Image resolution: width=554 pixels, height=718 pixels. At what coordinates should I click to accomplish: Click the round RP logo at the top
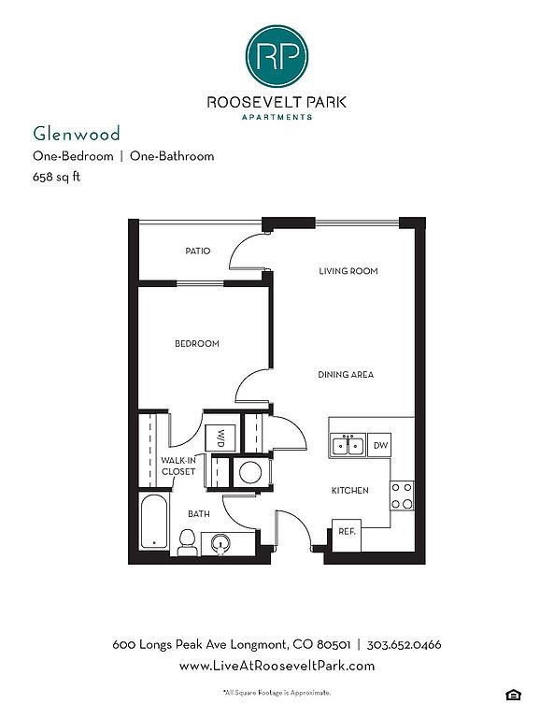click(x=277, y=56)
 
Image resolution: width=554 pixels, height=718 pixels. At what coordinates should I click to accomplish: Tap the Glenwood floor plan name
click(x=77, y=134)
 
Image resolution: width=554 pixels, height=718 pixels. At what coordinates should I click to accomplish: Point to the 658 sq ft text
click(x=56, y=177)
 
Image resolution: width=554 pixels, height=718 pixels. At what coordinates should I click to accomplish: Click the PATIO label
click(x=198, y=251)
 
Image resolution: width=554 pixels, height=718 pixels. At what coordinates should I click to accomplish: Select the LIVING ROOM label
click(x=348, y=271)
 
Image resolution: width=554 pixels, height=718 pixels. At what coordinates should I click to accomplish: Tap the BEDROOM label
click(x=197, y=343)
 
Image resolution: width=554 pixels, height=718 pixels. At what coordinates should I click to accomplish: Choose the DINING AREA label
click(x=346, y=375)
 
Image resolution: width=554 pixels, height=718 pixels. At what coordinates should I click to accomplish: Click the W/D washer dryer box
click(x=220, y=438)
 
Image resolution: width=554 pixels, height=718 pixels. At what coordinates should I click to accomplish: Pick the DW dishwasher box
click(x=379, y=445)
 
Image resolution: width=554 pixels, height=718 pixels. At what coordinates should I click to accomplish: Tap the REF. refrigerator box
click(x=347, y=536)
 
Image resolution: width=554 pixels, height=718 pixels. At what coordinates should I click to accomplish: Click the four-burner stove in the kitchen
click(x=402, y=495)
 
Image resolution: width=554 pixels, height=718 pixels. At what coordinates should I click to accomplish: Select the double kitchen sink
click(x=348, y=445)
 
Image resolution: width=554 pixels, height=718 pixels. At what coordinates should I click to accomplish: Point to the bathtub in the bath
click(x=153, y=521)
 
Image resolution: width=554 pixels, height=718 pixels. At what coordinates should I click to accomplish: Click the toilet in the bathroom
click(x=187, y=542)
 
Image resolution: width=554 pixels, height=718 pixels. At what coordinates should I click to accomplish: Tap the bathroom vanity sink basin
click(x=221, y=543)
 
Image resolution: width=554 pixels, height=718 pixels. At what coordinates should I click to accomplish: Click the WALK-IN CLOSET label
click(x=178, y=467)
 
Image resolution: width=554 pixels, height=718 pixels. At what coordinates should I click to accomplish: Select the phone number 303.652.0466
click(x=404, y=645)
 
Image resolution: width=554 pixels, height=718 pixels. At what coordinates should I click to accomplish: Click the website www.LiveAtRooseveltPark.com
click(x=277, y=666)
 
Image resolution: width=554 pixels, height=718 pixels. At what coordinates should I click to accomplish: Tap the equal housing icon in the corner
click(x=513, y=695)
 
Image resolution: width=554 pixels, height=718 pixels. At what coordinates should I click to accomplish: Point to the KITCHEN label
click(x=350, y=491)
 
